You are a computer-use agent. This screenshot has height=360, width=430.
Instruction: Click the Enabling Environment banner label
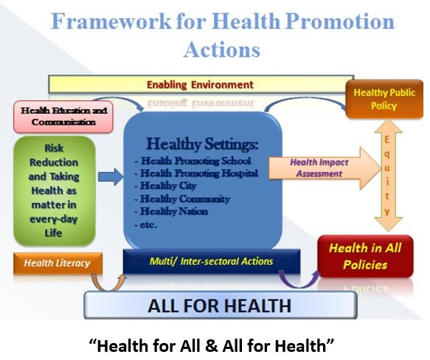[x=200, y=85]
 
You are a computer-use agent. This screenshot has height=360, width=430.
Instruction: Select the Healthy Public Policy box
[x=384, y=100]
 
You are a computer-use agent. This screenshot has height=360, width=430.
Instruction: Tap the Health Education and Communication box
[x=63, y=116]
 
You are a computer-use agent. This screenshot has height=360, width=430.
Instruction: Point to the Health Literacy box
[x=57, y=263]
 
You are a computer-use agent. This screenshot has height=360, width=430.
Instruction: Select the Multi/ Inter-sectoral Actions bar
[x=213, y=261]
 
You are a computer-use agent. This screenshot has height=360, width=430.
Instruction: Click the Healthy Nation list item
[x=174, y=211]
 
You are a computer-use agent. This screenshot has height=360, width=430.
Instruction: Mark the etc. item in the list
[x=148, y=224]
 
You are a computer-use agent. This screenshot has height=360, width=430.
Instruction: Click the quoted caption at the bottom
[x=215, y=343]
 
